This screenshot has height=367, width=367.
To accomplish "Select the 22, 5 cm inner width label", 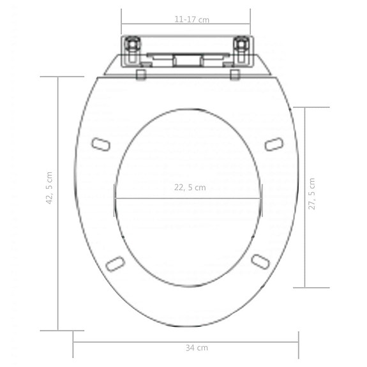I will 190,188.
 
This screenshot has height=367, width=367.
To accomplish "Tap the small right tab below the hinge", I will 235,75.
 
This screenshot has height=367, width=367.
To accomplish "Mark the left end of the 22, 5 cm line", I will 115,198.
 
